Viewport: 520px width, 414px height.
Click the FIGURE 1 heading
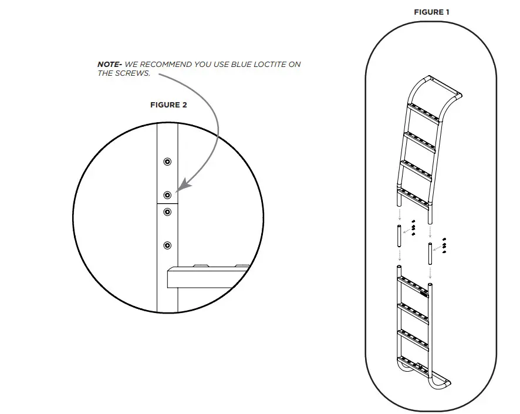click(431, 12)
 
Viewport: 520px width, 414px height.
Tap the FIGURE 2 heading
click(168, 105)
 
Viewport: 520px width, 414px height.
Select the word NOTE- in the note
click(110, 64)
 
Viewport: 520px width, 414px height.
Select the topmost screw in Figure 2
click(167, 161)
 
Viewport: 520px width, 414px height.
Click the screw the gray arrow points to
click(167, 194)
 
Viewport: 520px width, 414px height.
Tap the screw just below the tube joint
click(167, 211)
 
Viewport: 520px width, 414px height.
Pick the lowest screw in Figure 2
click(167, 245)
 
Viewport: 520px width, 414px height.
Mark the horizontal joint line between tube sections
click(167, 203)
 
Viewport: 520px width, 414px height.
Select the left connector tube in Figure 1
click(399, 237)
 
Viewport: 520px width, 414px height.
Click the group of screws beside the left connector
click(413, 227)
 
